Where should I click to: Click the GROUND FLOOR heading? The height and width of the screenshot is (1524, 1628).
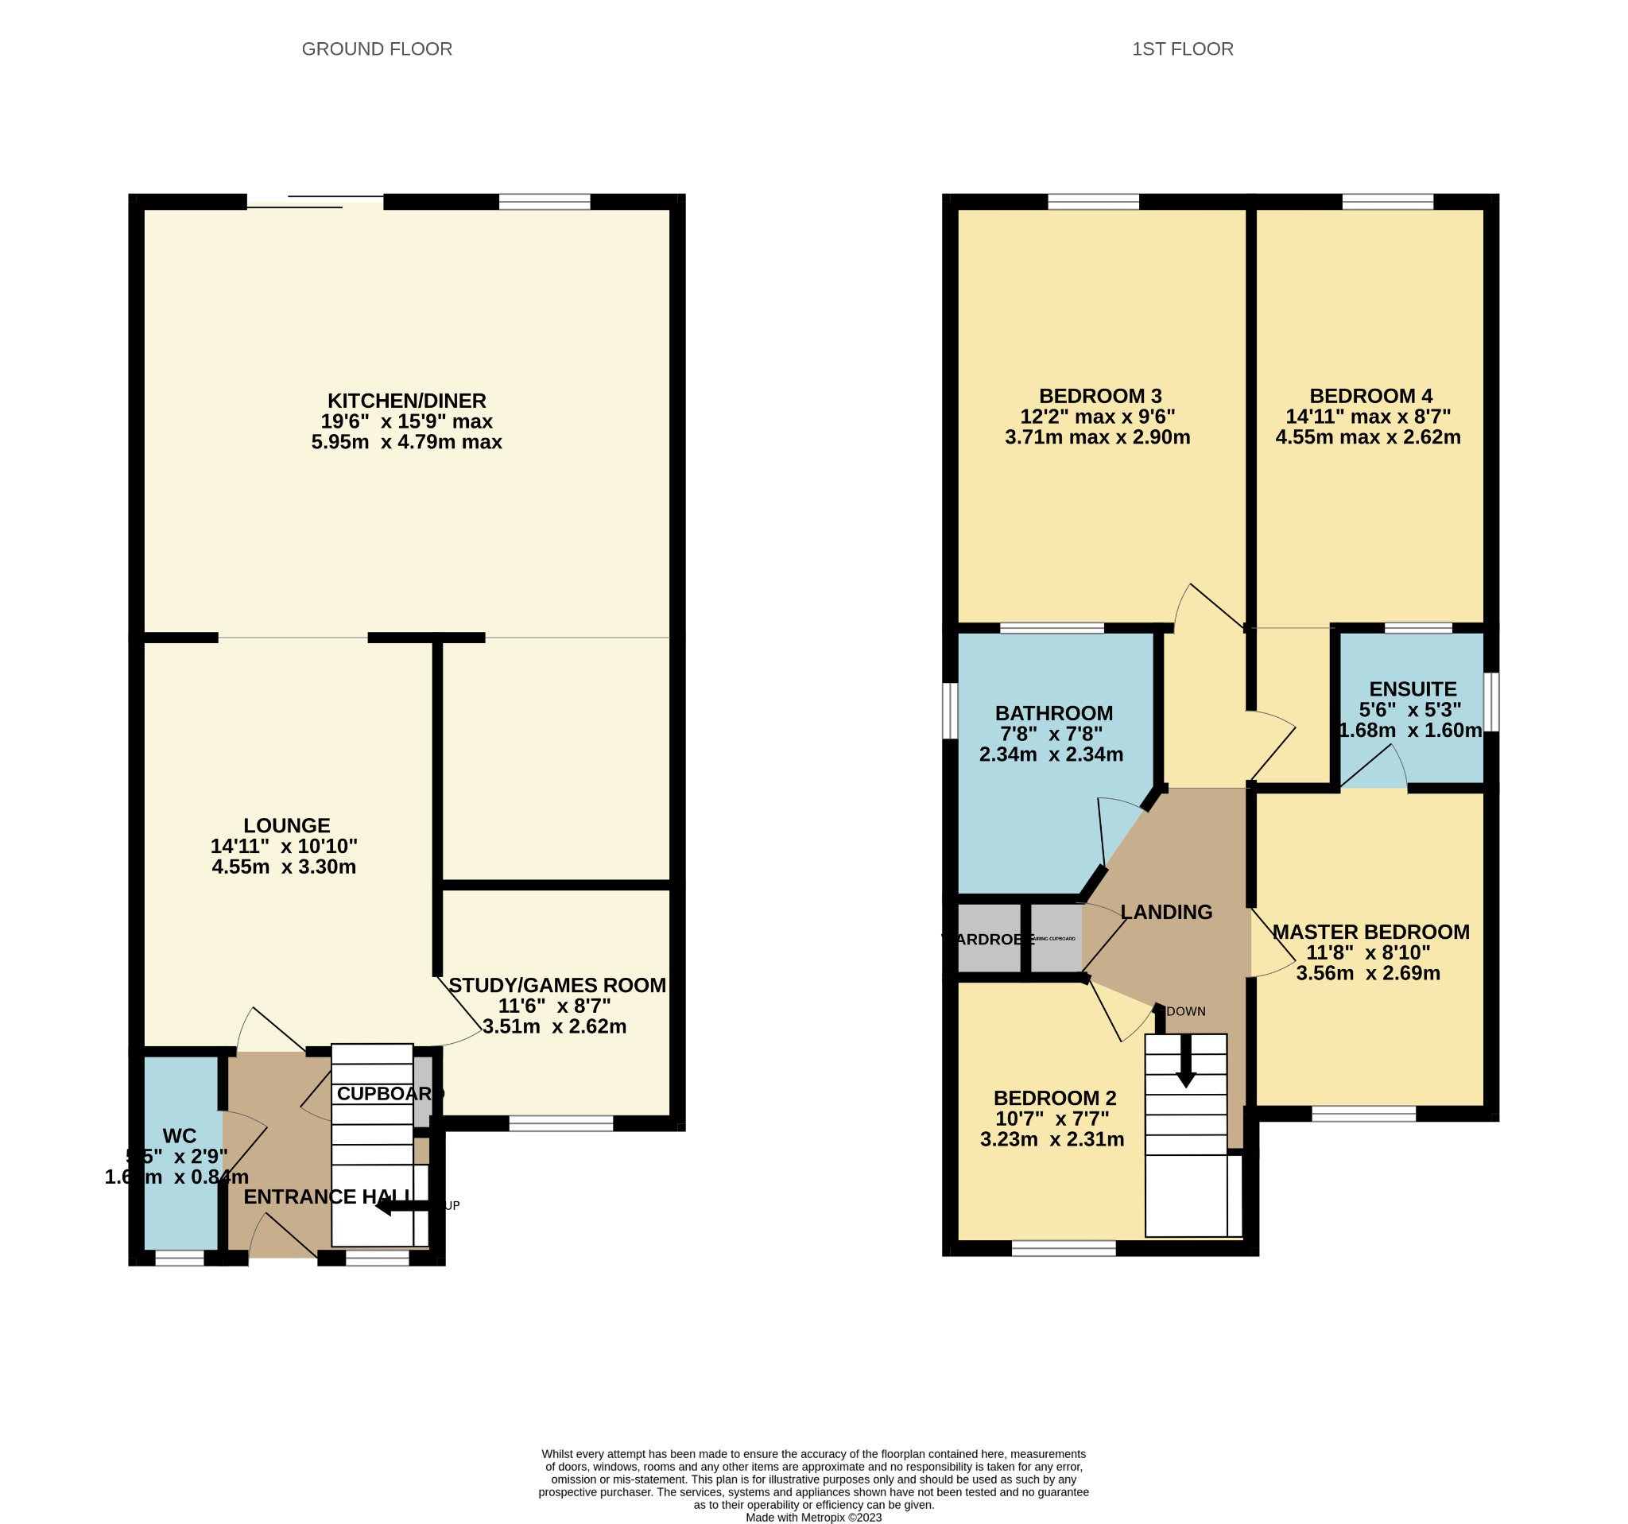pyautogui.click(x=377, y=49)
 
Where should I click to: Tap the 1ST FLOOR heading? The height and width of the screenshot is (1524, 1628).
pyautogui.click(x=1182, y=49)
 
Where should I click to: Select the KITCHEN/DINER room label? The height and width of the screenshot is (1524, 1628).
pyautogui.click(x=406, y=401)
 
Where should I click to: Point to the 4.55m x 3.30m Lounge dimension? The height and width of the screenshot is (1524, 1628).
pyautogui.click(x=283, y=867)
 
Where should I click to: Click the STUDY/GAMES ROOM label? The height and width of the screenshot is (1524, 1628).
pyautogui.click(x=557, y=985)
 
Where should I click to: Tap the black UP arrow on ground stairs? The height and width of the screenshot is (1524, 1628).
pyautogui.click(x=401, y=1206)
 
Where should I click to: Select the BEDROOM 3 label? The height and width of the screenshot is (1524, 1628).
pyautogui.click(x=1100, y=397)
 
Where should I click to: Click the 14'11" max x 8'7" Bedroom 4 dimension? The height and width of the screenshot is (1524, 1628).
pyautogui.click(x=1367, y=417)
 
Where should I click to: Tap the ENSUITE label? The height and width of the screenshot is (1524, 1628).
pyautogui.click(x=1413, y=688)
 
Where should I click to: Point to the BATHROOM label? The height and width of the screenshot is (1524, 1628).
pyautogui.click(x=1053, y=713)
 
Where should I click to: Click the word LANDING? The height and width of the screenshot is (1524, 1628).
pyautogui.click(x=1165, y=911)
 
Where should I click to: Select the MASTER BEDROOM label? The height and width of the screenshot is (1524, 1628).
pyautogui.click(x=1370, y=932)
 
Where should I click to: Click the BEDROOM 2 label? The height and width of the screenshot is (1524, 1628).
pyautogui.click(x=1054, y=1098)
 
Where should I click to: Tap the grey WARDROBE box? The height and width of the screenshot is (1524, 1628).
pyautogui.click(x=988, y=938)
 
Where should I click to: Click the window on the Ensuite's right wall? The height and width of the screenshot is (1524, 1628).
pyautogui.click(x=1491, y=702)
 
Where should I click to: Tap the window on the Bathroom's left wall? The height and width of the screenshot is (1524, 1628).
pyautogui.click(x=950, y=710)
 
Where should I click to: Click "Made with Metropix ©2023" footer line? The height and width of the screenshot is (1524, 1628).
pyautogui.click(x=813, y=1517)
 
